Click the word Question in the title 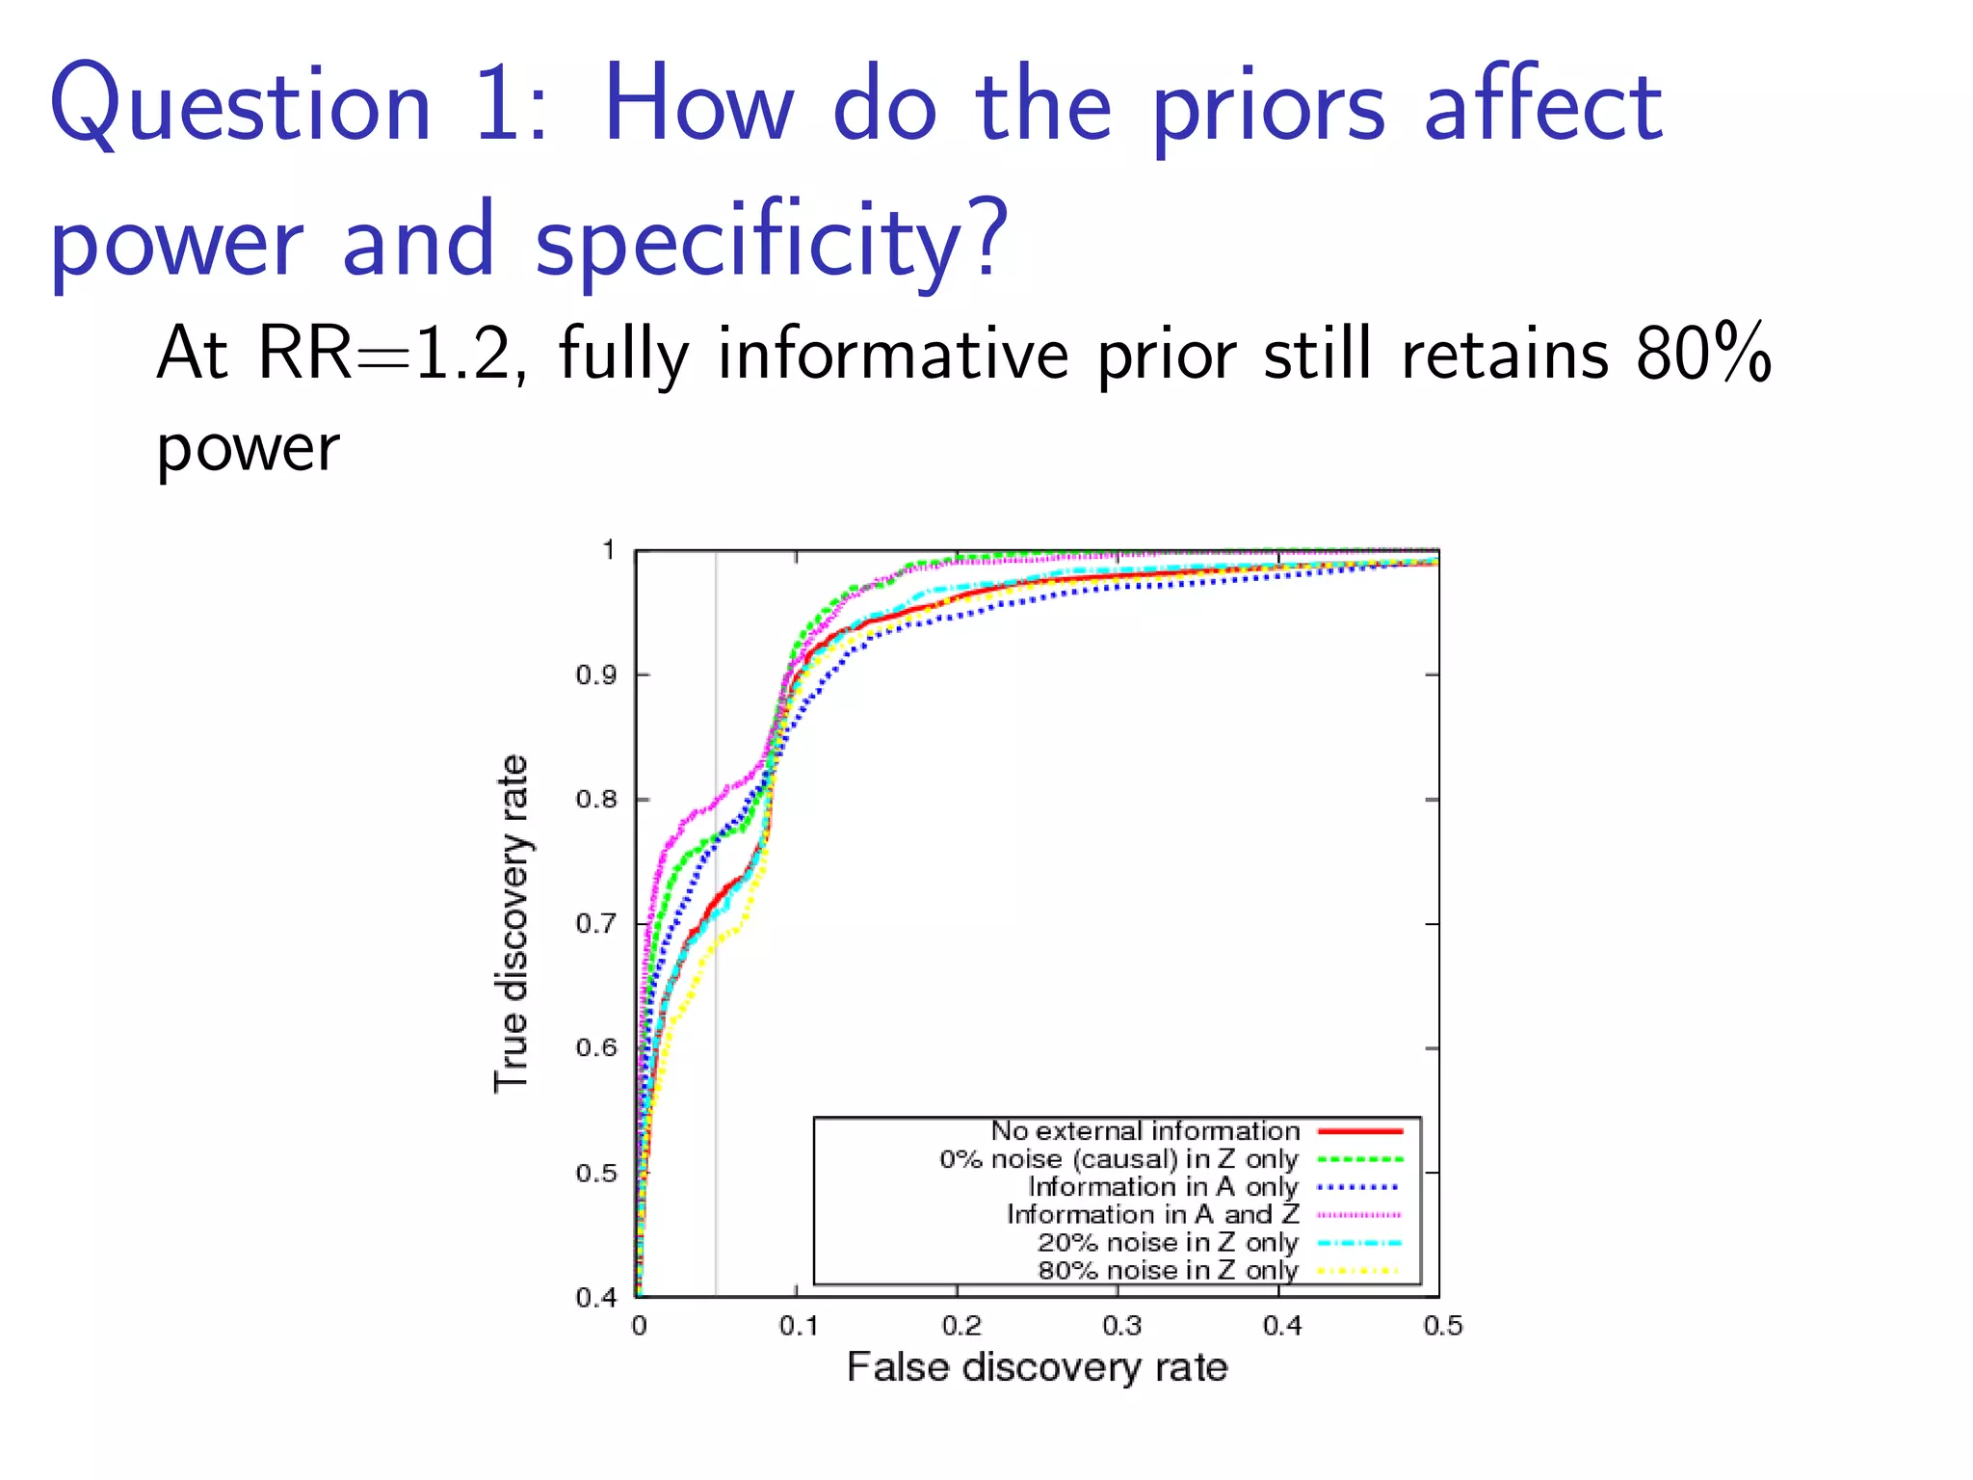(x=241, y=106)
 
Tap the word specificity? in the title (x=771, y=241)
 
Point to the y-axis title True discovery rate (x=512, y=923)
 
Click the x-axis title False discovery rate (x=1037, y=1367)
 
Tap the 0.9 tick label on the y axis (x=595, y=675)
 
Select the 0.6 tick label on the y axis (x=595, y=1048)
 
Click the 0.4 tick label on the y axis (x=595, y=1298)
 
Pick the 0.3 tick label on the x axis (x=1121, y=1327)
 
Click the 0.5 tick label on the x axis (x=1442, y=1327)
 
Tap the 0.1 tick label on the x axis (x=799, y=1327)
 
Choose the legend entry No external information (x=1144, y=1131)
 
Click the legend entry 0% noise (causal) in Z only (x=1118, y=1159)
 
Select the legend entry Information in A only (x=1163, y=1187)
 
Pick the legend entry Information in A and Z (x=1152, y=1215)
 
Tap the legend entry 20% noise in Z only (x=1168, y=1243)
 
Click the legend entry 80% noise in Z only (x=1168, y=1271)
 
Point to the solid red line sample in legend (x=1359, y=1131)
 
